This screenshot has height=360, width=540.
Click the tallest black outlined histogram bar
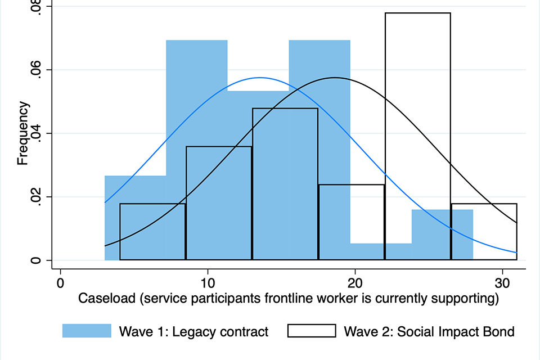(x=417, y=135)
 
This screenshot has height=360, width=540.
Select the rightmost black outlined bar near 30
(x=484, y=232)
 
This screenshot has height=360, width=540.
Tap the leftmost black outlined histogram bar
(x=152, y=232)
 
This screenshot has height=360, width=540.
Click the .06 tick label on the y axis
(x=35, y=70)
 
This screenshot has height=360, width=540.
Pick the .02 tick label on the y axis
(x=35, y=197)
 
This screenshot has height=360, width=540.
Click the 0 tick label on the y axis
(x=35, y=260)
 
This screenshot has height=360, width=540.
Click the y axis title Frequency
(x=22, y=133)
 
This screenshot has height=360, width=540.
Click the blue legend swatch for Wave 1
(x=87, y=331)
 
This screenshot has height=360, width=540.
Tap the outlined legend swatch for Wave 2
(x=312, y=331)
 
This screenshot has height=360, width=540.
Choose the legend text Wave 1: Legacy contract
(x=193, y=331)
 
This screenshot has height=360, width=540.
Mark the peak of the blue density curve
(x=260, y=78)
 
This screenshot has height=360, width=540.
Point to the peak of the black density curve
(x=335, y=78)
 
